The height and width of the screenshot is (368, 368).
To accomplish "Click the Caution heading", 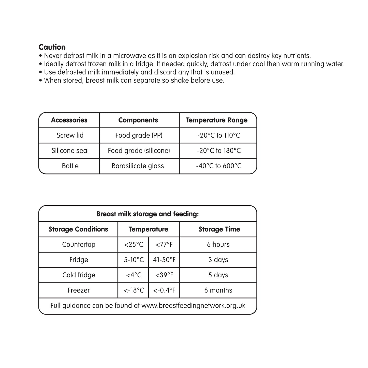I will [52, 47].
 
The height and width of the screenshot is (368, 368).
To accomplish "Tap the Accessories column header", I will [69, 120].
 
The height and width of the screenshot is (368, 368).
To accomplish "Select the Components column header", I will [138, 120].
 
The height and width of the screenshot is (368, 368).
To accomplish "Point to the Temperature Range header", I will [216, 120].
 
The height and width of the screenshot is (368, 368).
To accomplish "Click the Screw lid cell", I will [70, 135].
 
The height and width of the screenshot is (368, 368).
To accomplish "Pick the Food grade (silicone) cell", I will [139, 151].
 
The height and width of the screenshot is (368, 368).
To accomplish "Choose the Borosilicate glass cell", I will [138, 166].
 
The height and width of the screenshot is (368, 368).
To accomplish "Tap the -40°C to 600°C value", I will [219, 166].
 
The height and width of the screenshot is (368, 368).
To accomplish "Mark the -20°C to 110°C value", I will [219, 135].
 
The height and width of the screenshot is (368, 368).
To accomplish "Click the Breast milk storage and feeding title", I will [147, 214].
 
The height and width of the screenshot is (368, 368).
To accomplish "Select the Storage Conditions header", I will [78, 229].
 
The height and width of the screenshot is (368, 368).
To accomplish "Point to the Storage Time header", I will [219, 229].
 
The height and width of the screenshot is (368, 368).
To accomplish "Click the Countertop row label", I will [79, 244].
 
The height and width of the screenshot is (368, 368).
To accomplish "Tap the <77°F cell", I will [164, 244].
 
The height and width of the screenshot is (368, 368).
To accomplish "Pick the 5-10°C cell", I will [134, 260].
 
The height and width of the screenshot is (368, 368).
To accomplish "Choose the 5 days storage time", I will [218, 275].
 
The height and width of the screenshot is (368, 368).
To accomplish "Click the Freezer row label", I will [79, 290].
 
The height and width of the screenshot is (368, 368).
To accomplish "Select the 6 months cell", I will [218, 290].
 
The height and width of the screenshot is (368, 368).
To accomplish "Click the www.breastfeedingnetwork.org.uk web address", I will [193, 306].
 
